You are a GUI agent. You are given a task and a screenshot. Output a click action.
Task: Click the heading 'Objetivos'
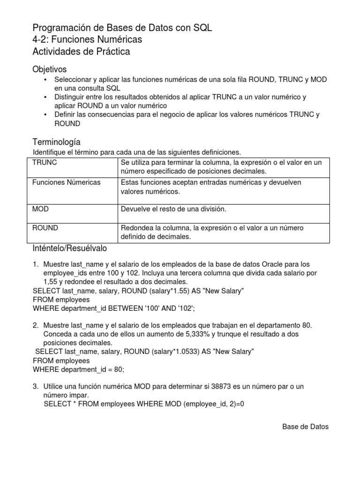[x=50, y=69]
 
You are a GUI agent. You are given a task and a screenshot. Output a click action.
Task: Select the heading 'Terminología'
[x=56, y=142]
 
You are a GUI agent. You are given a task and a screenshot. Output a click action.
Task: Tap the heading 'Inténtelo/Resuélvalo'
[x=70, y=247]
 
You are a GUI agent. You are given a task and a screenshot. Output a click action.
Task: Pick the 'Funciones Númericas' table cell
[x=66, y=182]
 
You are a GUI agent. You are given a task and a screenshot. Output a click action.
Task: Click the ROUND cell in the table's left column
[x=45, y=228]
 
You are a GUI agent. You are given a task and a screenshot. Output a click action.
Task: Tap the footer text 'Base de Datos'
[x=305, y=427]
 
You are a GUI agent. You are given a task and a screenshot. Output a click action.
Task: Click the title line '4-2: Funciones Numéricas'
[x=87, y=40]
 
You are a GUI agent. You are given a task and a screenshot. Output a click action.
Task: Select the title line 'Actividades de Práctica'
[x=81, y=52]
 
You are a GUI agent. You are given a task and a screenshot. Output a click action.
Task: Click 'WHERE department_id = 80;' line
[x=79, y=369]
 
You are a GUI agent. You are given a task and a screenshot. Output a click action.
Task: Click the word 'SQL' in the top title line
[x=202, y=28]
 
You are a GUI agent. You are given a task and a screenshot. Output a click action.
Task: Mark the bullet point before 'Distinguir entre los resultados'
[x=45, y=97]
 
